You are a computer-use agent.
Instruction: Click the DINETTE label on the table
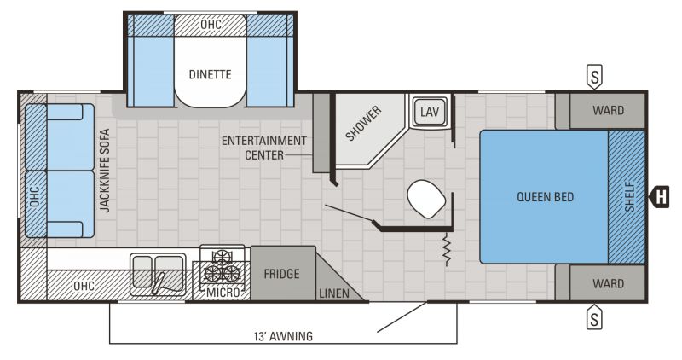(x=210, y=74)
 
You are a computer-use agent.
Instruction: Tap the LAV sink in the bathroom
(x=428, y=111)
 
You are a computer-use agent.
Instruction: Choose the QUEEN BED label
(x=545, y=197)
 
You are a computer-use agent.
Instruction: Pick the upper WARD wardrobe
(x=608, y=111)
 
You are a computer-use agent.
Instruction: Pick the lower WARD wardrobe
(x=608, y=283)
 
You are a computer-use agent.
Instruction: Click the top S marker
(x=595, y=77)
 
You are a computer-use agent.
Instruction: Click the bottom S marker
(x=595, y=319)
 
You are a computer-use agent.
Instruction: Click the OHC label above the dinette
(x=210, y=24)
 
